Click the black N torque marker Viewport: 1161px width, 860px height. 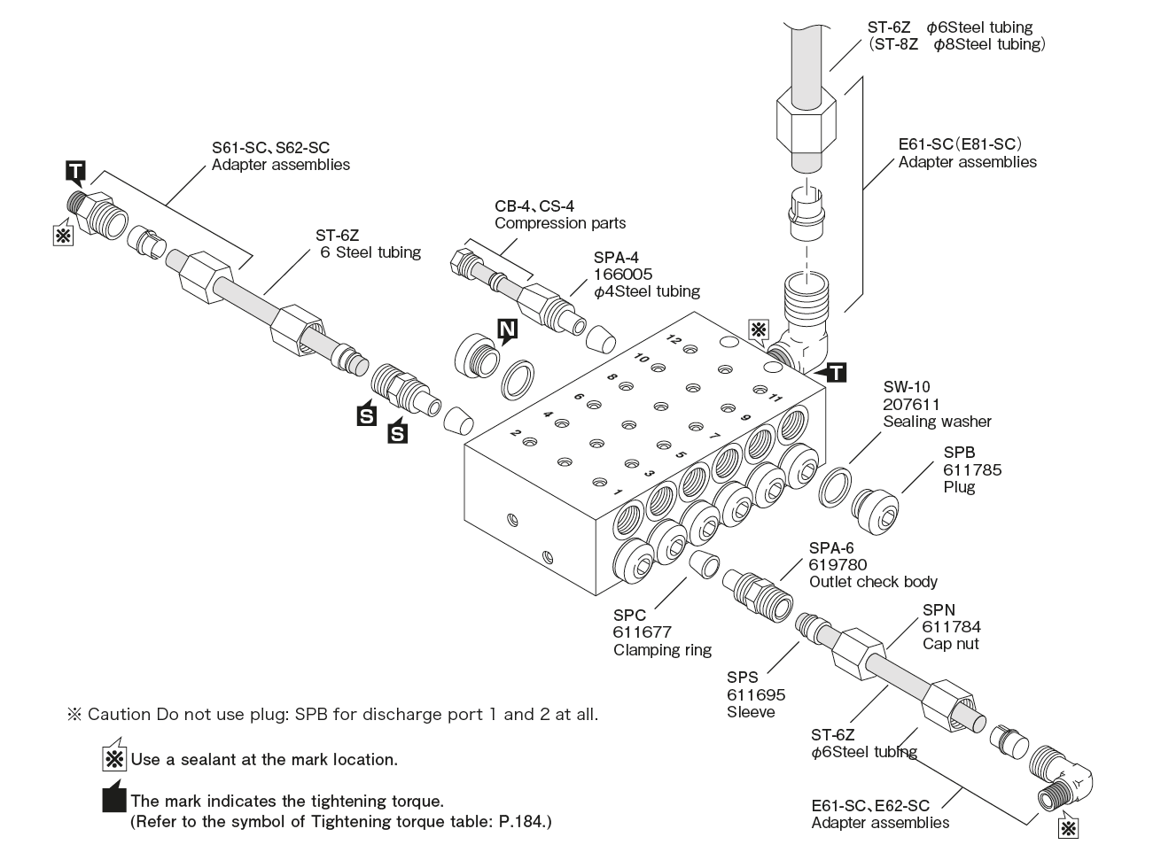(507, 331)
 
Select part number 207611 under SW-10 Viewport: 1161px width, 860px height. (911, 404)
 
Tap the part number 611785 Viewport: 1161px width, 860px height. (972, 469)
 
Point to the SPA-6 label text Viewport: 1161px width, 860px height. (831, 548)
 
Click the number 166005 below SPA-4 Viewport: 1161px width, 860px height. (623, 275)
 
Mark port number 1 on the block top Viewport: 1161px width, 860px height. (618, 492)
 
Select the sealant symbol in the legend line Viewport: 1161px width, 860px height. (114, 759)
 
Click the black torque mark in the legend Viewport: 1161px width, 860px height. (114, 800)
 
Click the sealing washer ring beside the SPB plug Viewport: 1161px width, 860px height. (835, 490)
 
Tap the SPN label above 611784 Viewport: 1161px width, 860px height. (939, 609)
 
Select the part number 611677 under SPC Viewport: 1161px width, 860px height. (642, 632)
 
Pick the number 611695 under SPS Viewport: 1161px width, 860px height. (756, 695)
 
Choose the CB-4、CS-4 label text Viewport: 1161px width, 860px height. (534, 205)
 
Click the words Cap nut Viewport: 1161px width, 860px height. (951, 644)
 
